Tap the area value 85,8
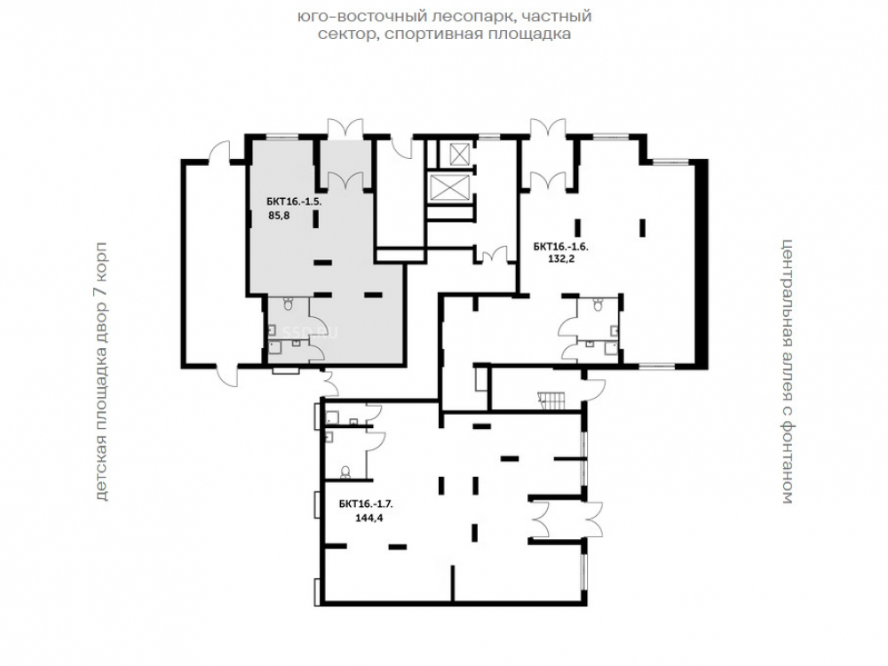coord(279,215)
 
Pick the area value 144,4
coord(369,518)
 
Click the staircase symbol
coord(551,400)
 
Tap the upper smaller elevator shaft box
coord(456,153)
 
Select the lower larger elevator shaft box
coord(447,186)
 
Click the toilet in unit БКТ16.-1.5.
coord(289,304)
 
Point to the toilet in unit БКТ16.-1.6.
coord(597,305)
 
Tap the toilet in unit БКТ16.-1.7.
coord(345,472)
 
